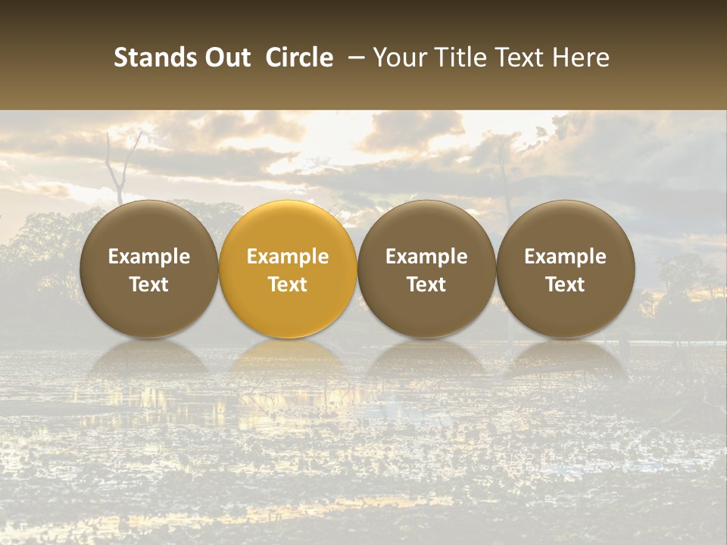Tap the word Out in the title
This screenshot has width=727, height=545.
[225, 58]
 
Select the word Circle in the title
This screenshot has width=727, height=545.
[299, 58]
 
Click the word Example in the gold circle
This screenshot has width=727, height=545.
[288, 257]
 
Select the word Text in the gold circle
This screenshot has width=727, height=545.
[288, 285]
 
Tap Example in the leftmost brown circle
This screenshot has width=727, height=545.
[149, 257]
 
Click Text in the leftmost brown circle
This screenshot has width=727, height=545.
[149, 285]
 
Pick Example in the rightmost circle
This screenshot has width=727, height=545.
[565, 257]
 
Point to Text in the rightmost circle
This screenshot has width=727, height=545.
[565, 285]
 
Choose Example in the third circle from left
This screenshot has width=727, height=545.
[426, 257]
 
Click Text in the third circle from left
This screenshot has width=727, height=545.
[426, 285]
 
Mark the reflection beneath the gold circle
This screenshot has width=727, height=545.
[288, 357]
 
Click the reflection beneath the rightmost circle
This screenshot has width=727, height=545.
[565, 357]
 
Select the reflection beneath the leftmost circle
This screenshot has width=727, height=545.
[149, 357]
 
